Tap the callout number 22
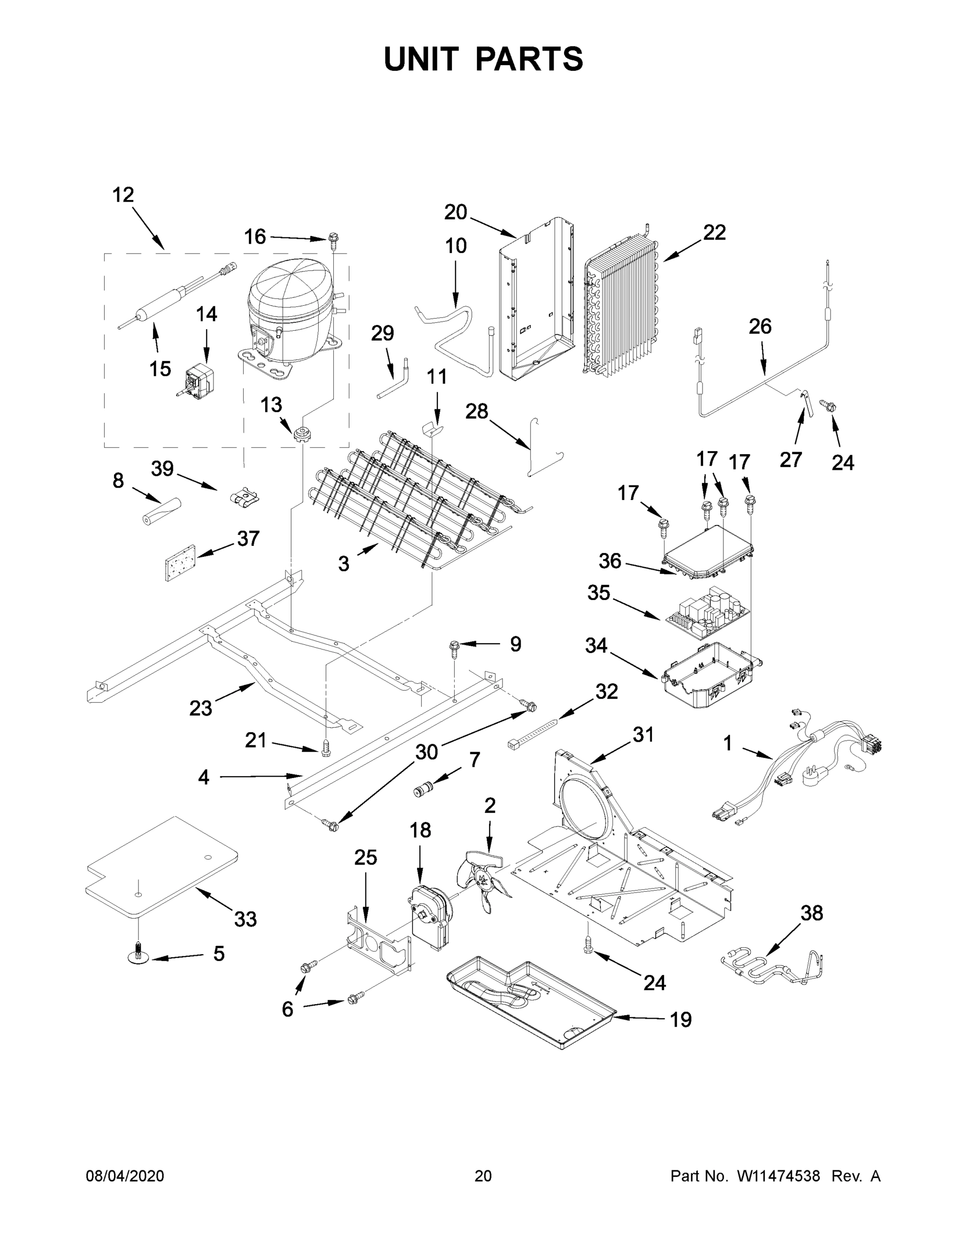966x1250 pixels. tap(714, 232)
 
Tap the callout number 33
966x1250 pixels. tap(245, 920)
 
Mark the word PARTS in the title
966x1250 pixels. tap(530, 59)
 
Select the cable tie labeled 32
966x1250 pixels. tap(532, 733)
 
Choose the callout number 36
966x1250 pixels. tap(609, 561)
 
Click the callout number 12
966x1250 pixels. tap(122, 195)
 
